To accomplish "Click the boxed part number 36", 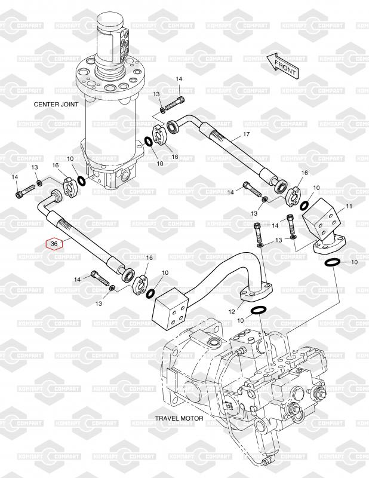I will click(54, 244).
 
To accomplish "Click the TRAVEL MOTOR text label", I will click(179, 418).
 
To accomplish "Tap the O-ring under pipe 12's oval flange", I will click(259, 310).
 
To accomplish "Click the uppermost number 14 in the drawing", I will click(179, 79).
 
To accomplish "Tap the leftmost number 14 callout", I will click(16, 177).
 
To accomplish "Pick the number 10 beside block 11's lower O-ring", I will click(353, 263).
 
